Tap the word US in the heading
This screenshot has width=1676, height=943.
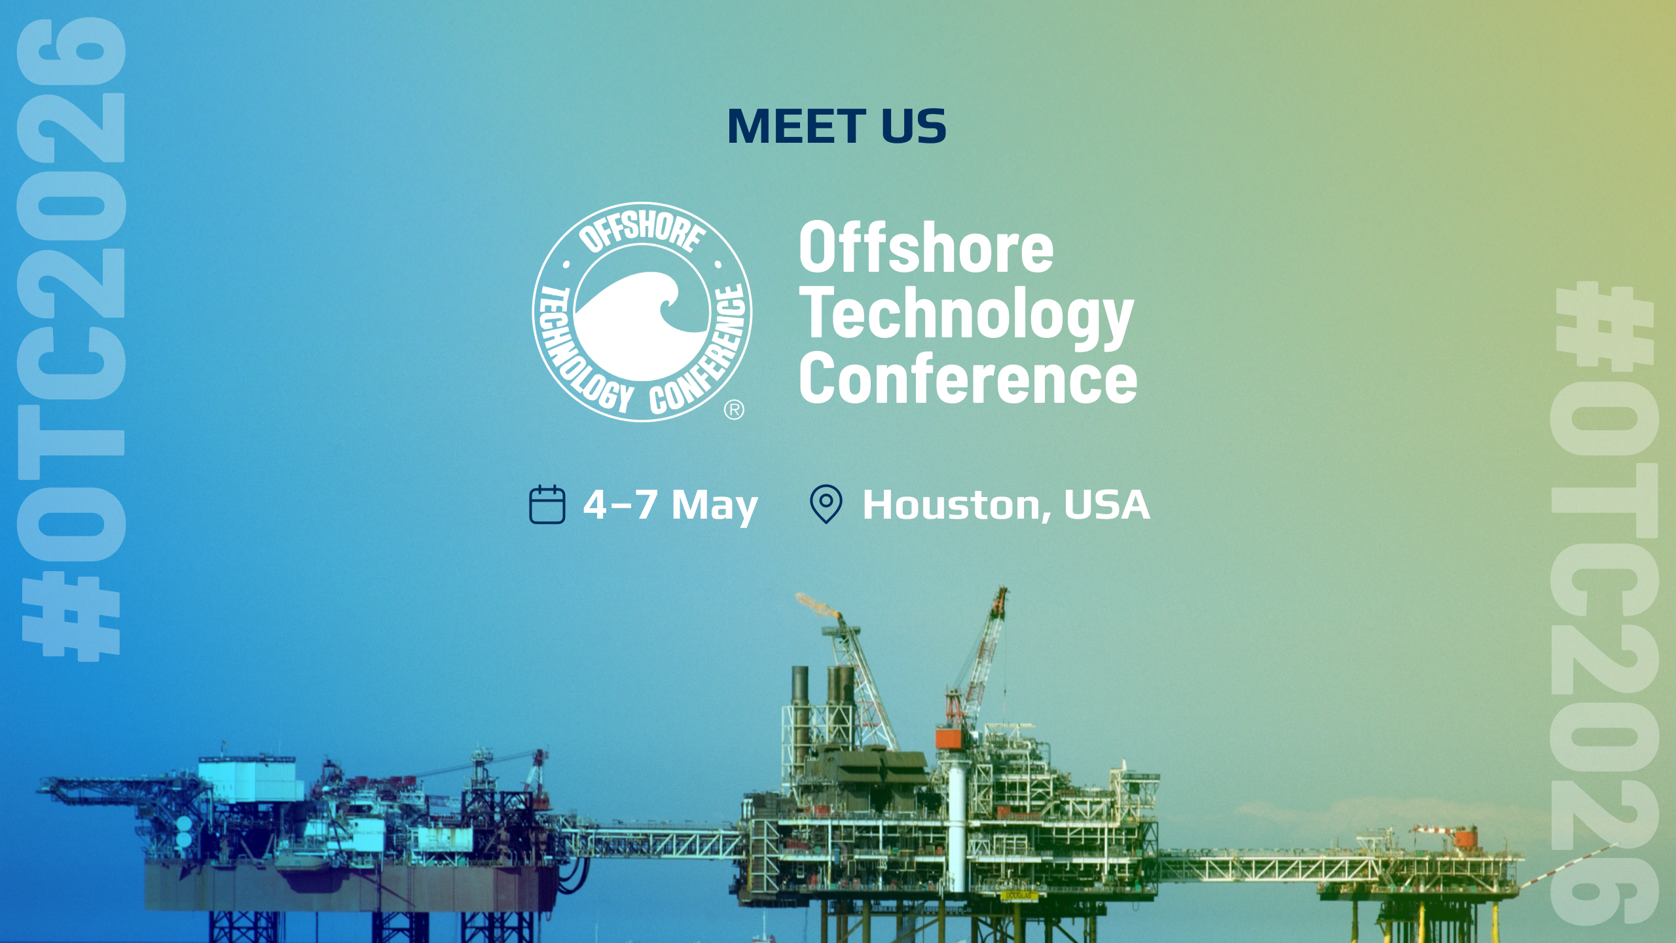pyautogui.click(x=914, y=126)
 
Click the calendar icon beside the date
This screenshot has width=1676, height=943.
pyautogui.click(x=547, y=504)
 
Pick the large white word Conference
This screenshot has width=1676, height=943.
pyautogui.click(x=968, y=379)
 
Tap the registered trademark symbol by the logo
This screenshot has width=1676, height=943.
pyautogui.click(x=734, y=410)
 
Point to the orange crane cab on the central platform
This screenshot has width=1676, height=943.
pyautogui.click(x=951, y=737)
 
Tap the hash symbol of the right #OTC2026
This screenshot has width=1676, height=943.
pyautogui.click(x=1605, y=327)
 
